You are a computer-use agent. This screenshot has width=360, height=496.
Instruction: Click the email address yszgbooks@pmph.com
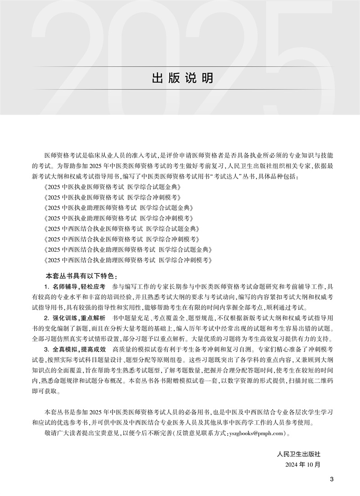(256, 433)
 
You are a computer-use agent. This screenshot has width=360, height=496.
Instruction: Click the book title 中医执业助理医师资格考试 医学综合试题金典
(121, 208)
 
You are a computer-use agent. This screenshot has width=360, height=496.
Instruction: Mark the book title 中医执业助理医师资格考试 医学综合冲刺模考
(121, 218)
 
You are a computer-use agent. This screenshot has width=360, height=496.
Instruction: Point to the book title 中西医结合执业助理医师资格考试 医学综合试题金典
(128, 250)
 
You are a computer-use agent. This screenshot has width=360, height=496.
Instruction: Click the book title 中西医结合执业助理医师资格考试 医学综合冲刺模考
(128, 260)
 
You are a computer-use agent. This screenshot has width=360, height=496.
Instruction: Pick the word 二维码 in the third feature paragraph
(324, 381)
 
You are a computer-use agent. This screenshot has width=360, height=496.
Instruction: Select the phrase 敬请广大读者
(64, 433)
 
